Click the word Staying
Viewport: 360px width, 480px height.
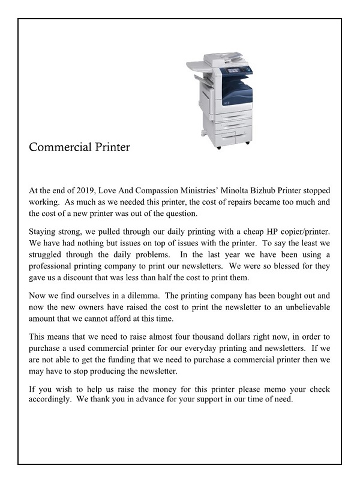[x=43, y=232]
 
